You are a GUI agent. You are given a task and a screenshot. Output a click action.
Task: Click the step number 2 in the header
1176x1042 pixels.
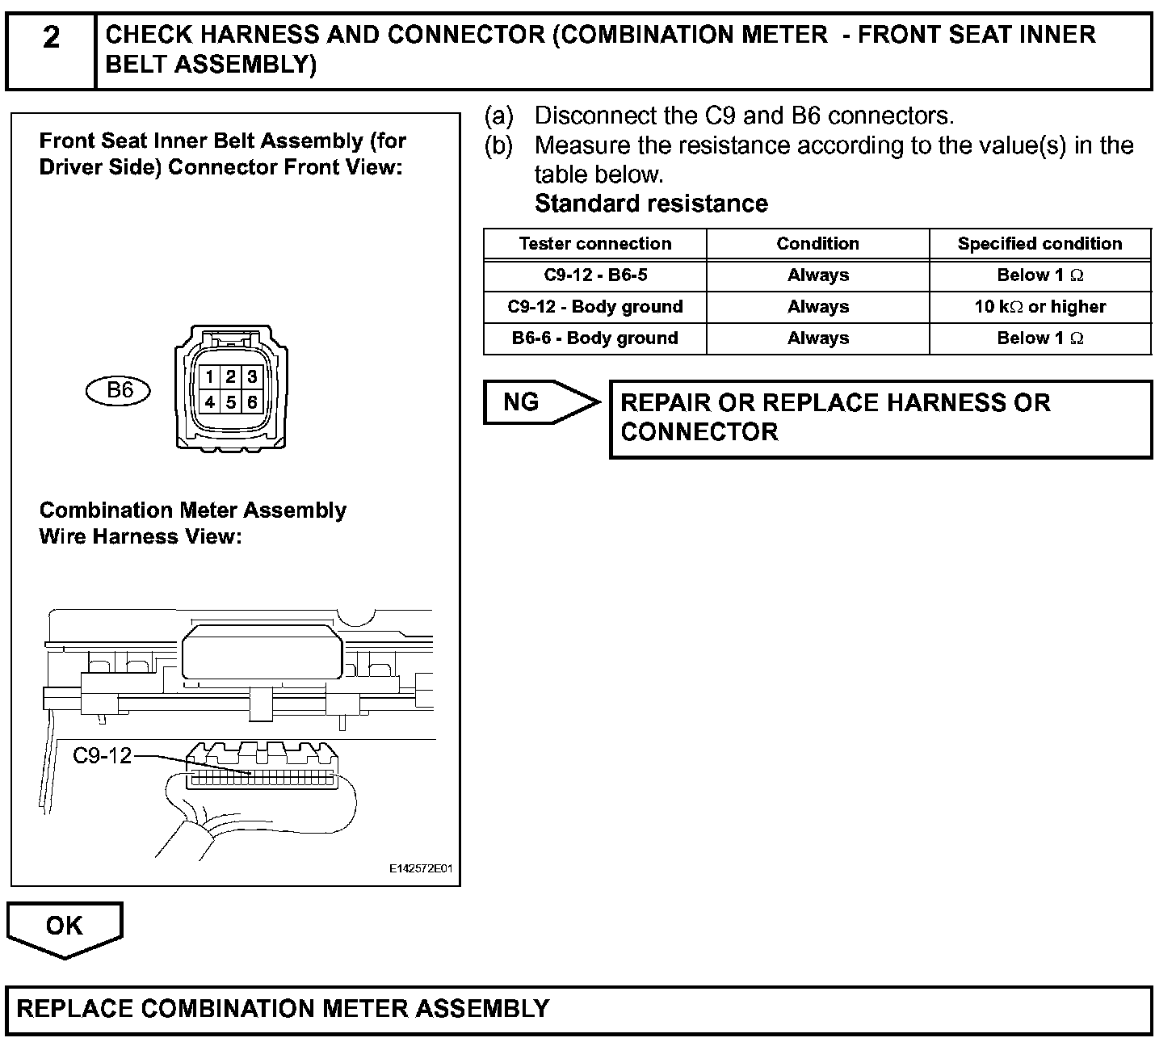click(x=51, y=37)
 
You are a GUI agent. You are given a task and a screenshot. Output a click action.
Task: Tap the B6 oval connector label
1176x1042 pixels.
click(x=119, y=391)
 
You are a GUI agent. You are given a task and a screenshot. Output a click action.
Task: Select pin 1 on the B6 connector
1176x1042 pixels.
click(x=209, y=377)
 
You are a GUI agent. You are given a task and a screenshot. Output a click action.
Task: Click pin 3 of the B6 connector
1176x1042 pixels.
click(x=252, y=377)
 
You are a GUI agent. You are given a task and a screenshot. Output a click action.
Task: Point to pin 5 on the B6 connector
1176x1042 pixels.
click(x=231, y=401)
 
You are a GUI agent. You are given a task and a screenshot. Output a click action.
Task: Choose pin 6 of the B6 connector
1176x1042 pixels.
click(x=252, y=401)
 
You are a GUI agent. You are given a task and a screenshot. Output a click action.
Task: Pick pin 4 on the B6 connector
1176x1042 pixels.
click(x=209, y=401)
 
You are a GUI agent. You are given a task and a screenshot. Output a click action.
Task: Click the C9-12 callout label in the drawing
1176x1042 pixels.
click(x=102, y=756)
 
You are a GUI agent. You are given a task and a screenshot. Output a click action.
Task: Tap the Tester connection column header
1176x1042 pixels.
click(x=595, y=244)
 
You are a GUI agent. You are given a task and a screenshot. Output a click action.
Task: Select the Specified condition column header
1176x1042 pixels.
click(x=1039, y=244)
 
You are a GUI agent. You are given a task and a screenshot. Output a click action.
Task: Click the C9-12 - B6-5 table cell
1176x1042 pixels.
click(x=595, y=275)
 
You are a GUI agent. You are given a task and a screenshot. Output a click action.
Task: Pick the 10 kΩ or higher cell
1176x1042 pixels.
click(x=1039, y=307)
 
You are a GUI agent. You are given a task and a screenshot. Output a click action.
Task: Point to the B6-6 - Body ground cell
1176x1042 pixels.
click(x=595, y=338)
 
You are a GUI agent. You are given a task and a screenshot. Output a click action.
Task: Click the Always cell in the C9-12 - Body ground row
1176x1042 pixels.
click(x=817, y=307)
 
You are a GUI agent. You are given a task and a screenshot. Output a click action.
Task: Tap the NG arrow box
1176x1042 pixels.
click(x=533, y=402)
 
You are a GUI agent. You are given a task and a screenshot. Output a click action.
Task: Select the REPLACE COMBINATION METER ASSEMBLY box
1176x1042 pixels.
click(x=578, y=1009)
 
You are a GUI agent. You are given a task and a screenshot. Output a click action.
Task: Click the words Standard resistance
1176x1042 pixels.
click(x=651, y=204)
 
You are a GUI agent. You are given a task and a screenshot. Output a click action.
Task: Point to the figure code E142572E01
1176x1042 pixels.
click(x=421, y=869)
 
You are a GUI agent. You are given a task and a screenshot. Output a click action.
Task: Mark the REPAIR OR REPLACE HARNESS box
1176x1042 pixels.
click(x=880, y=418)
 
